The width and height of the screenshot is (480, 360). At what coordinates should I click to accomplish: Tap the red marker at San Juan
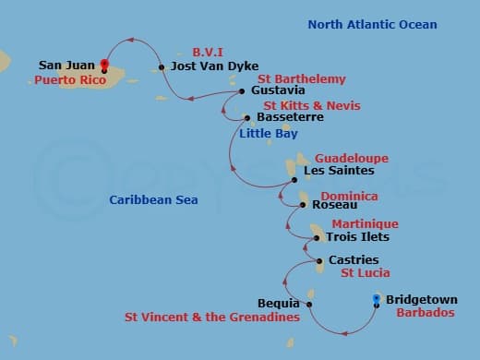click(x=104, y=65)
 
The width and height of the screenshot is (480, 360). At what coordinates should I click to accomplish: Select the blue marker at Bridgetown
click(x=376, y=298)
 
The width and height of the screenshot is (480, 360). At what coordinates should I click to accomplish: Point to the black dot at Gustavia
click(x=242, y=91)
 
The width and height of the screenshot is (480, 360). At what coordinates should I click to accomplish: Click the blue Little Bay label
click(x=268, y=134)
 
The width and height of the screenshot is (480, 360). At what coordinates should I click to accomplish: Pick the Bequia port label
click(x=280, y=303)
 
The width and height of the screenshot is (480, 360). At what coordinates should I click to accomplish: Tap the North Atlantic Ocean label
click(x=373, y=24)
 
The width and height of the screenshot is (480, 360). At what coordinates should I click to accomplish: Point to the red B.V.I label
click(x=209, y=52)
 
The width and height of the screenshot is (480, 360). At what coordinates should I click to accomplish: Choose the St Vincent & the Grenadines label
click(x=212, y=318)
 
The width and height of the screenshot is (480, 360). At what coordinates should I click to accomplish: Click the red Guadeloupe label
click(x=352, y=158)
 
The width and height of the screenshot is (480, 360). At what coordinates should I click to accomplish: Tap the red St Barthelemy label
click(x=301, y=79)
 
